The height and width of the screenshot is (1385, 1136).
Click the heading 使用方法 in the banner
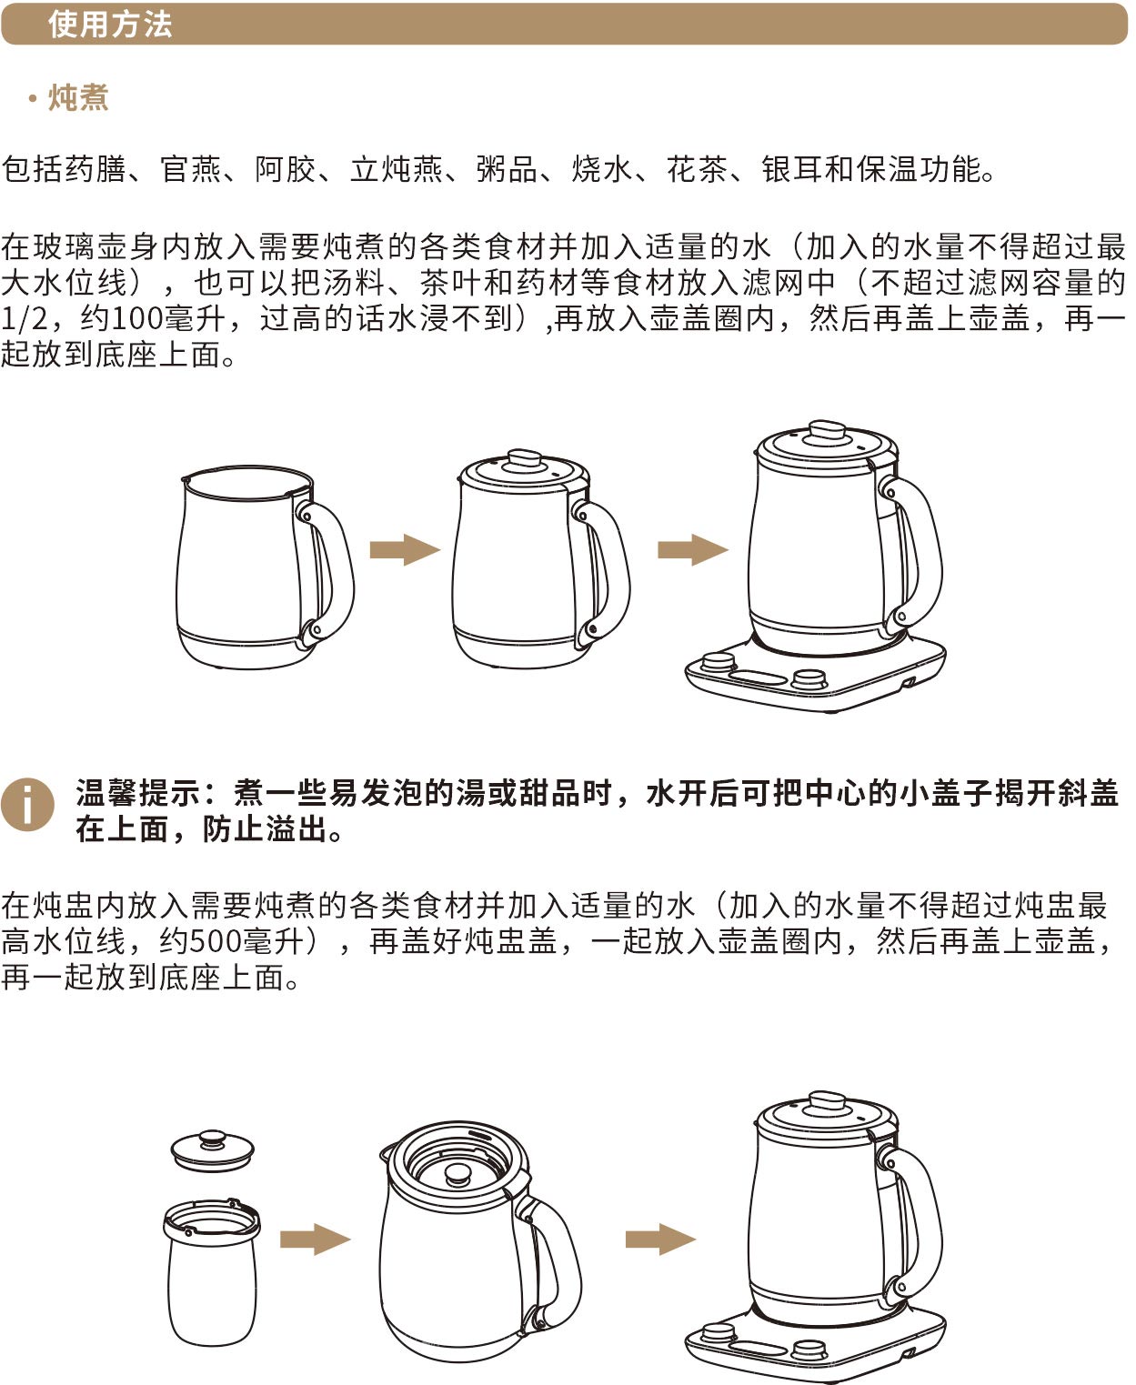[x=110, y=25]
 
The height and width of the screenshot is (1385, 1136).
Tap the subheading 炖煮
[x=78, y=98]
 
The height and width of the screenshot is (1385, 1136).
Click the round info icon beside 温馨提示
[x=27, y=805]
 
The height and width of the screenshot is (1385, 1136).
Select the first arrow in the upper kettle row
[x=405, y=549]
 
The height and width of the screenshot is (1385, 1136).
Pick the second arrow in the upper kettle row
[x=693, y=549]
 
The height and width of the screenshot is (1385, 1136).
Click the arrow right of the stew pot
[x=316, y=1239]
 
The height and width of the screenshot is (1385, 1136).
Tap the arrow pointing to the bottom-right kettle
[x=660, y=1239]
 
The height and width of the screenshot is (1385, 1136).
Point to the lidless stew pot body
[x=211, y=1273]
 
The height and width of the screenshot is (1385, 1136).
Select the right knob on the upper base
[x=809, y=679]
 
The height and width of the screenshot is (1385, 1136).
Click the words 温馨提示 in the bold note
[x=138, y=793]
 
